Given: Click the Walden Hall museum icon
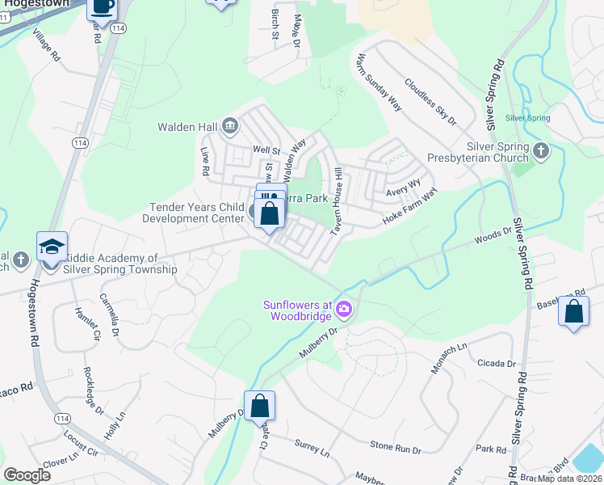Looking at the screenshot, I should click(229, 125).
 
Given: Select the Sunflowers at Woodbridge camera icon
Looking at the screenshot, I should click(344, 310).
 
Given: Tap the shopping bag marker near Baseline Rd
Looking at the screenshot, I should click(573, 312).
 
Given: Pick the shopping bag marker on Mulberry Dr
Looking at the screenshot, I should click(260, 406).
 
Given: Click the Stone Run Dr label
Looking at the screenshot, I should click(396, 447).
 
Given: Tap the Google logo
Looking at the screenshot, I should click(27, 475).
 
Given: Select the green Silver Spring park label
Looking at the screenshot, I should click(527, 118).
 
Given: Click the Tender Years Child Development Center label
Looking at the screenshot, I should click(193, 213).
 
